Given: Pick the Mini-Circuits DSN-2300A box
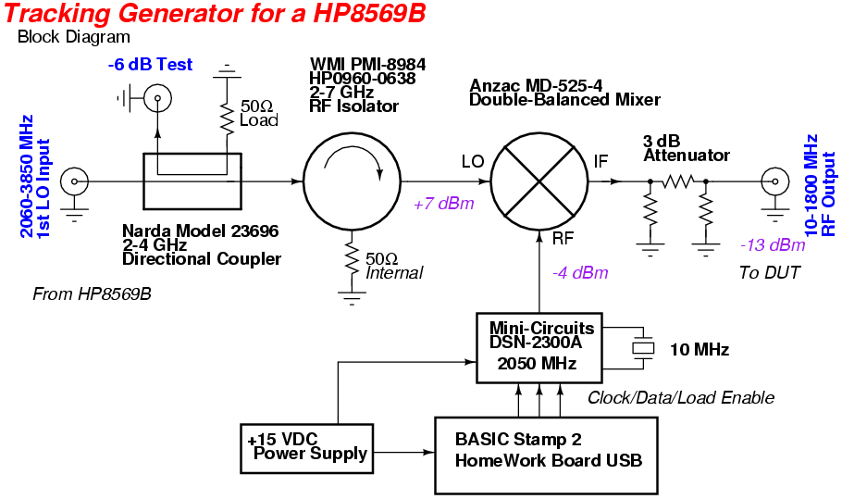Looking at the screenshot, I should click(537, 348).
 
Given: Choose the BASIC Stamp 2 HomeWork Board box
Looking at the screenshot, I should click(546, 453).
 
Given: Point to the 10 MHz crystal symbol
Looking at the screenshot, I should click(642, 348).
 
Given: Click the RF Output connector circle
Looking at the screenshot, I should click(774, 181).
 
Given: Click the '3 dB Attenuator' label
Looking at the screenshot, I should click(686, 148).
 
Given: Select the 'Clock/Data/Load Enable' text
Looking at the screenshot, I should click(681, 397).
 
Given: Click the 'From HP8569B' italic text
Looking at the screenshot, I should click(92, 294).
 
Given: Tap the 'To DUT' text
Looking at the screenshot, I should click(767, 272).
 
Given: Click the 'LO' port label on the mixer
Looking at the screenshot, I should click(472, 161).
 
